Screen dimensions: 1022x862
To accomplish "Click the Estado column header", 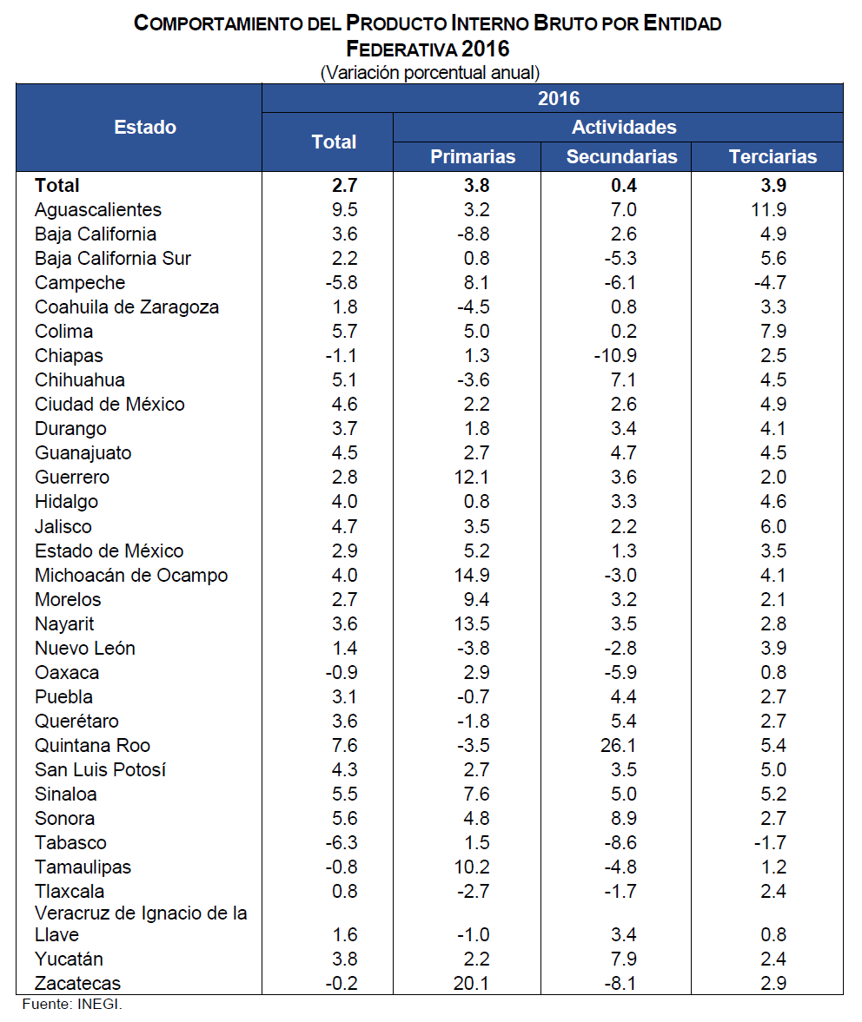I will pos(145,128).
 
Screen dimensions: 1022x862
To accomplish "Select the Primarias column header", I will pos(473,156).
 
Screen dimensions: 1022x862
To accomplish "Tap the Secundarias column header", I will pos(621,156).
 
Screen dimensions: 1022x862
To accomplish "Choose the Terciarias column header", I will pos(772,156).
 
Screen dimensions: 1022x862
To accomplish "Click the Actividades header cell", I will pos(624,128).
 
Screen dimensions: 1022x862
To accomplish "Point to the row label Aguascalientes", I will pos(98,210).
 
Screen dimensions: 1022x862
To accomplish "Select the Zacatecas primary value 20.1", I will pos(473,984).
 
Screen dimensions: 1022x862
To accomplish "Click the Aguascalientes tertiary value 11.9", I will pos(772,210).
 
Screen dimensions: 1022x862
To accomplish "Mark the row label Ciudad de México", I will pos(109,405).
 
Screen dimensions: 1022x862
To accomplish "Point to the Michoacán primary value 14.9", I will pos(473,576).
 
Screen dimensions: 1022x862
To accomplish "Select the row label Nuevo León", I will pos(85,649).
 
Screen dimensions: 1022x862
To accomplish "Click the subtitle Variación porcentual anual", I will pos(430,72).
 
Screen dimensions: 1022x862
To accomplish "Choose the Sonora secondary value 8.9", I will pos(624,819).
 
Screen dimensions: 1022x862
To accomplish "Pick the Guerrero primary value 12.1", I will pos(473,478).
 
